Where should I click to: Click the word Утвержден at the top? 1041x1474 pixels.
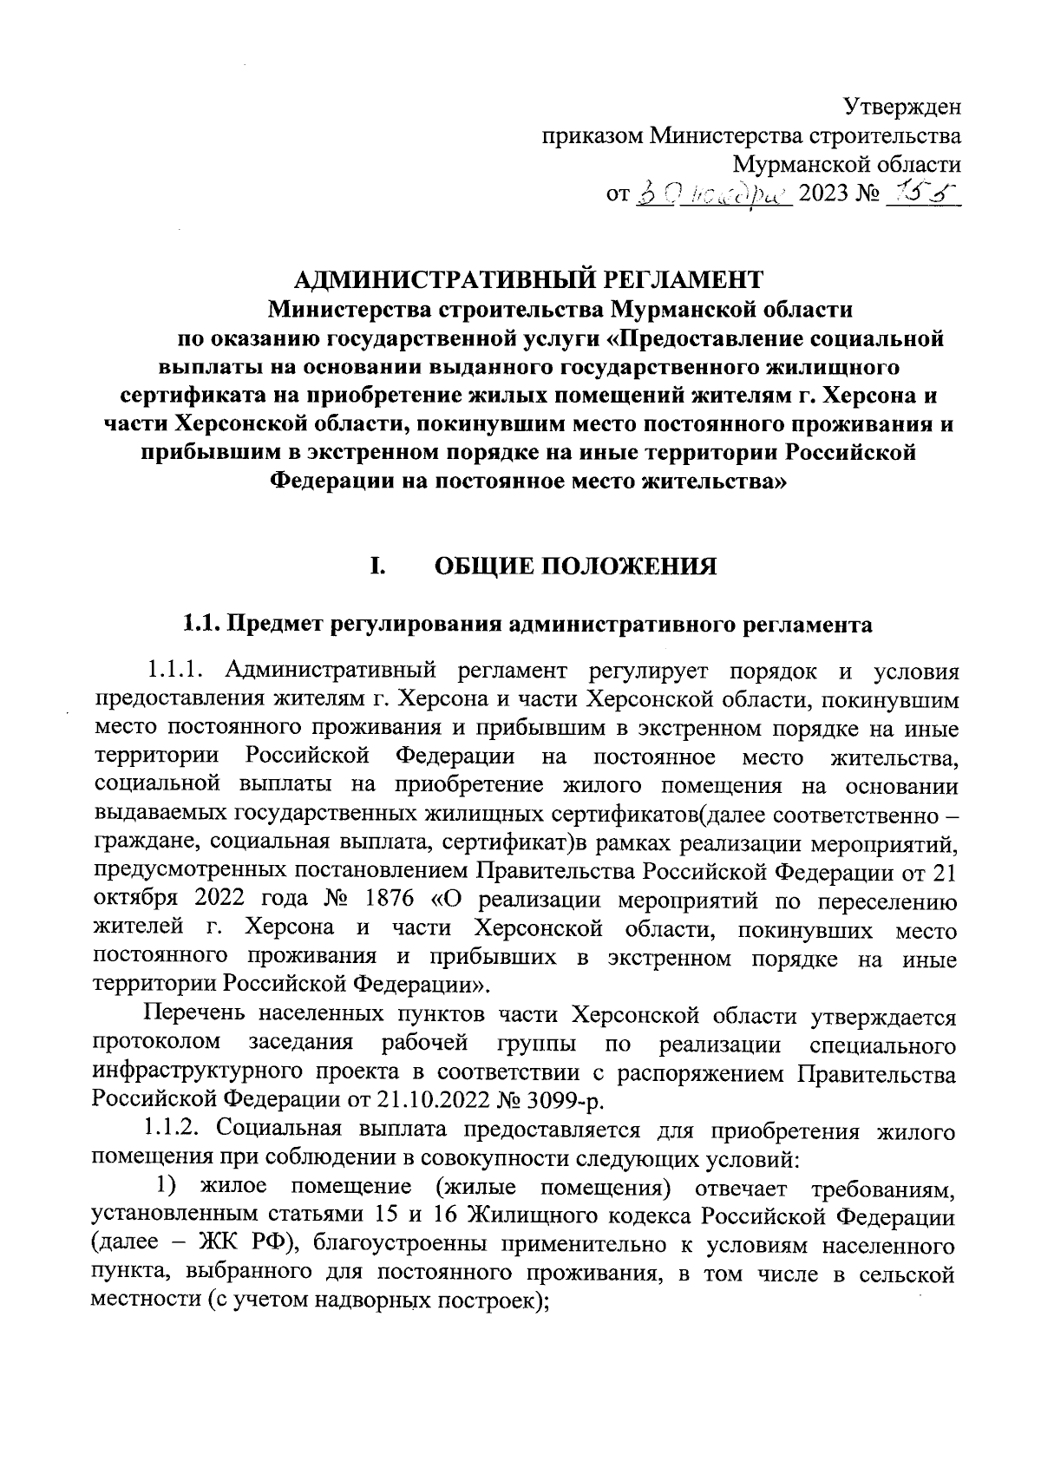pyautogui.click(x=902, y=108)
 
